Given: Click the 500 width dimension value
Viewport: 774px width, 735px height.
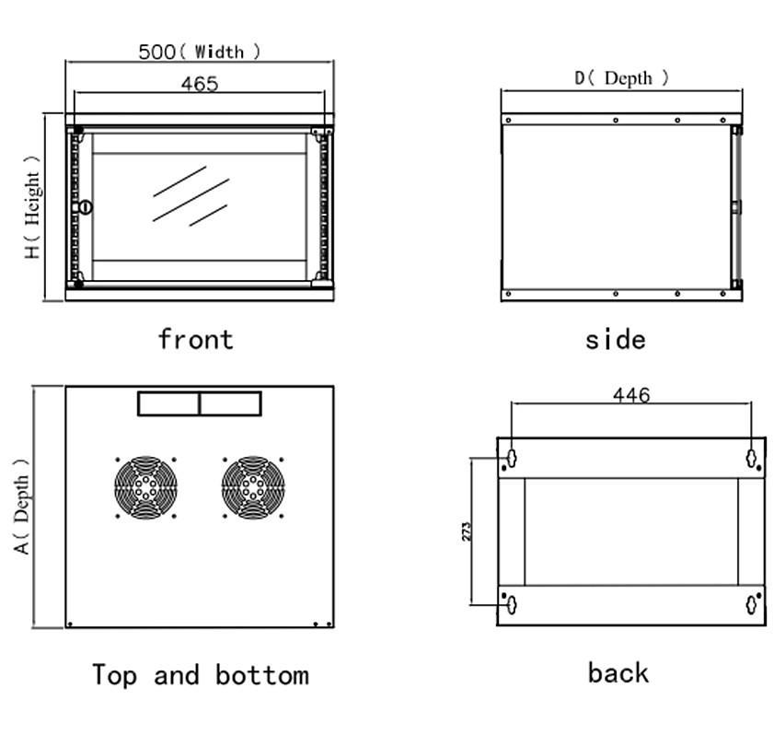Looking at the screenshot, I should [156, 52].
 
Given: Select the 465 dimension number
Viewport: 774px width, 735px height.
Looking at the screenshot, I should [199, 84].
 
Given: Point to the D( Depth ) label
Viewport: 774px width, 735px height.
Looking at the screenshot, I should [622, 78].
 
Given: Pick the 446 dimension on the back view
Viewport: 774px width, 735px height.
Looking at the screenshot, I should [631, 395].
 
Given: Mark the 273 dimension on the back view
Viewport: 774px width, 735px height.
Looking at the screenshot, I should [467, 531].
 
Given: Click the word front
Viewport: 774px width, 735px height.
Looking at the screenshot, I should [195, 339].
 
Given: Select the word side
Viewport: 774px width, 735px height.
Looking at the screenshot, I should [615, 340].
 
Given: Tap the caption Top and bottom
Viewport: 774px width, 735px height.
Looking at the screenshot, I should [200, 675].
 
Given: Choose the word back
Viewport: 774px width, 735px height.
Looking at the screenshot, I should [618, 672].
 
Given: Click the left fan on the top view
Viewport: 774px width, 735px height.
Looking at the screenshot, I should [145, 487].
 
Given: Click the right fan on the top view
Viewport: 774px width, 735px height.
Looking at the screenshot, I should [252, 487].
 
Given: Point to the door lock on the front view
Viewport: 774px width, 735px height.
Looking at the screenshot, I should [86, 207].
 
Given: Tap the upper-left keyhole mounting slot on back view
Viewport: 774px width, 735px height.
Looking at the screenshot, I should [510, 456].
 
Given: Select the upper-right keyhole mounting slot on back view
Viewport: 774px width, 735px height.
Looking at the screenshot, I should [752, 456].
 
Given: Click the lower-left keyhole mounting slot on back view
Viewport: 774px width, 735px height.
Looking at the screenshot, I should [510, 604].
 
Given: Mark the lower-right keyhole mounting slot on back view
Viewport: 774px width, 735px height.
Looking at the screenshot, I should [752, 604].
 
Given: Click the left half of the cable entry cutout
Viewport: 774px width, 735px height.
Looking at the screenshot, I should [168, 403].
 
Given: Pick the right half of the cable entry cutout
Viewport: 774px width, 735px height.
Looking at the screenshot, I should [230, 403].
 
